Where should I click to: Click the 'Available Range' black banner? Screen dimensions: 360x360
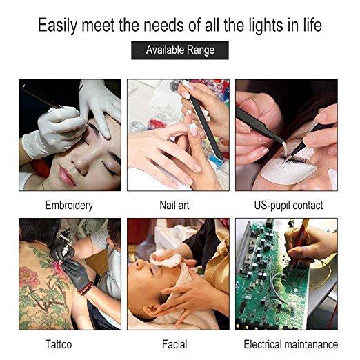(180, 50)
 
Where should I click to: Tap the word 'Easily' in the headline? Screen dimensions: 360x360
(57, 26)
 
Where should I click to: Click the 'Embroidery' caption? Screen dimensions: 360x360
(69, 206)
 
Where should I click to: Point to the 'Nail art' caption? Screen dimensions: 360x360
(174, 205)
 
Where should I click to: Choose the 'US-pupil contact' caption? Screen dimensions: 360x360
(288, 206)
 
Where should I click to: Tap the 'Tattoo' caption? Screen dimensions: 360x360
(59, 344)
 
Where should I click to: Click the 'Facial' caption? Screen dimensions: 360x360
(174, 344)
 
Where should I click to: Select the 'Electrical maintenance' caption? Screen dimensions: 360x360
(290, 344)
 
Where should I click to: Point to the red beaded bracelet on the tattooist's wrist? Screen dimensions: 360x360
(86, 288)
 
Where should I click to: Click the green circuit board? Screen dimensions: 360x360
(270, 276)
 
